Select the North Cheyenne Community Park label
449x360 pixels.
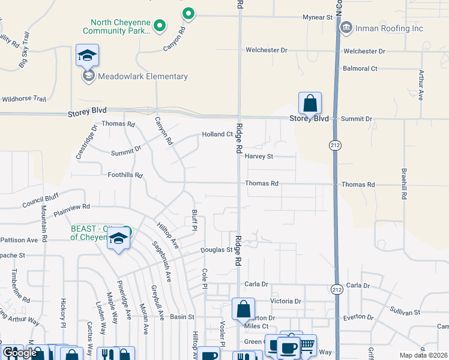point(115,26)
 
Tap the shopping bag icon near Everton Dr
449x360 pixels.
point(243,309)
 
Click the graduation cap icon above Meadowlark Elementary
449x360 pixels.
point(87,56)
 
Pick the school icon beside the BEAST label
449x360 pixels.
point(119,238)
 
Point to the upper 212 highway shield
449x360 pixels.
point(335,145)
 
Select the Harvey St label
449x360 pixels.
point(259,157)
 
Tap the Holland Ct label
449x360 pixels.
point(217,134)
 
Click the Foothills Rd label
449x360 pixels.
point(125,175)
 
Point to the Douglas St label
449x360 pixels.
point(216,250)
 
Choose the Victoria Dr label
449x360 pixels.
point(286,301)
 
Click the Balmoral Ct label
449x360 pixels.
point(360,68)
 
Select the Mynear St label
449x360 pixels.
point(317,18)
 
